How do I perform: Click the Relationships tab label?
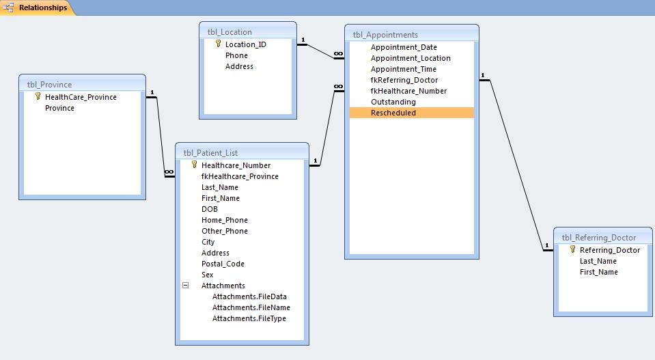[x=43, y=8]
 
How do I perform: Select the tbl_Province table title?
[x=49, y=84]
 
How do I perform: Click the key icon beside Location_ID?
[x=218, y=44]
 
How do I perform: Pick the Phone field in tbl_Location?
[x=236, y=55]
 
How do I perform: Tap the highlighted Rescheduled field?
[x=393, y=113]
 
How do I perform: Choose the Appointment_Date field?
[x=404, y=47]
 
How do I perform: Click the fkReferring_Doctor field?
[x=404, y=80]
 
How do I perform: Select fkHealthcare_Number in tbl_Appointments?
[x=408, y=91]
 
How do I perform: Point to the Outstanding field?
[x=393, y=102]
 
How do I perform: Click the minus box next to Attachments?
[x=186, y=286]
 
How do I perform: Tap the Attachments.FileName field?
[x=251, y=307]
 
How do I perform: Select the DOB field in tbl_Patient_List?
[x=209, y=209]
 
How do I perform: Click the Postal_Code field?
[x=223, y=264]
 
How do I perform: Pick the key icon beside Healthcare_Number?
[x=194, y=165]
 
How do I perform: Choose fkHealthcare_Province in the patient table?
[x=240, y=176]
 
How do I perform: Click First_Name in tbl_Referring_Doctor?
[x=598, y=272]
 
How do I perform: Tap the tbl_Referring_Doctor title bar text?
[x=598, y=238]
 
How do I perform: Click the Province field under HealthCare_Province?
[x=59, y=108]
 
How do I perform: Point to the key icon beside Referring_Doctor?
[x=573, y=249]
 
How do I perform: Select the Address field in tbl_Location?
[x=239, y=66]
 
